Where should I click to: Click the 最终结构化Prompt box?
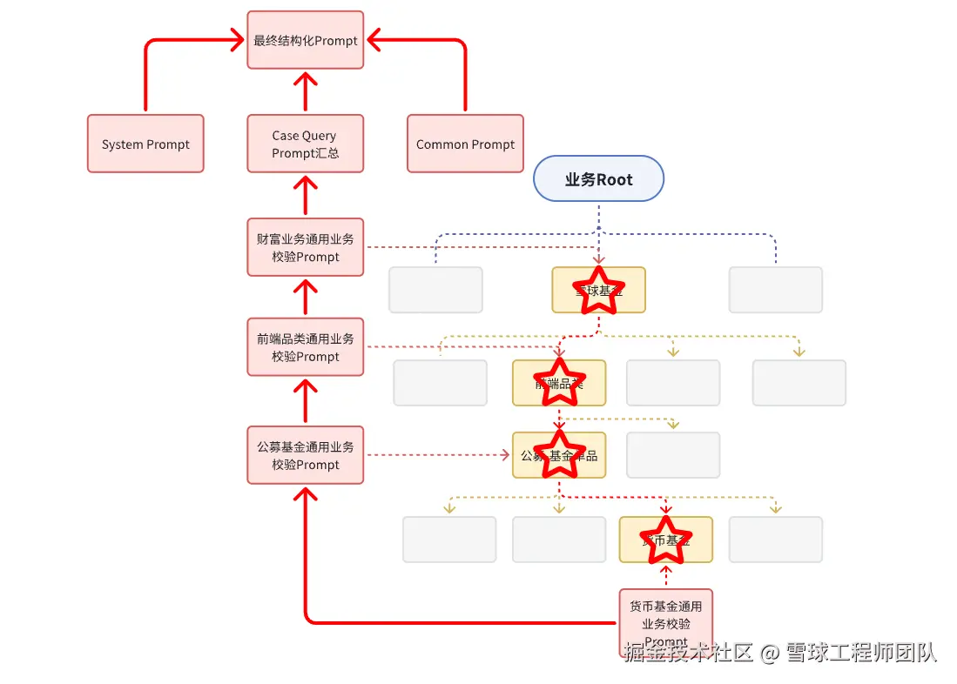[305, 40]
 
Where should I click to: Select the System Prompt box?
[145, 144]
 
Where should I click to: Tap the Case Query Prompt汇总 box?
[305, 144]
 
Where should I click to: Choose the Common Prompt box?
[465, 144]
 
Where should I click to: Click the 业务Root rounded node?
[598, 179]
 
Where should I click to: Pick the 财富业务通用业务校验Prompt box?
[305, 247]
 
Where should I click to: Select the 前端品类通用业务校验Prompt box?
[305, 346]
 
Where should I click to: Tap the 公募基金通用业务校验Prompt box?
[305, 454]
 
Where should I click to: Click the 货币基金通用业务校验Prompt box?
[665, 620]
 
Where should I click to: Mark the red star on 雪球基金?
[598, 288]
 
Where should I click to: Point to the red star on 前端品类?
[558, 382]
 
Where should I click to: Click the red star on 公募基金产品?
[558, 454]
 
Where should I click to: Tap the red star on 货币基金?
[665, 539]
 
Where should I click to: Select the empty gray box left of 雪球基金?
[435, 290]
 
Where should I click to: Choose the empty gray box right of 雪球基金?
[775, 290]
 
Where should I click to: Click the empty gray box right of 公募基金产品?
[673, 454]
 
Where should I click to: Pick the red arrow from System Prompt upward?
[145, 78]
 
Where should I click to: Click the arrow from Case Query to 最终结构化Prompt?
[305, 91]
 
